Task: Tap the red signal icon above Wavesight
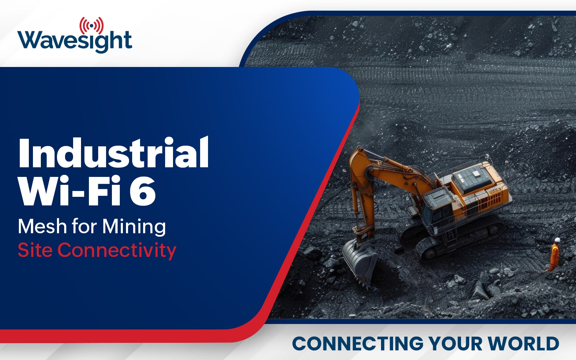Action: click(x=92, y=25)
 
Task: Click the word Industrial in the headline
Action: click(x=113, y=153)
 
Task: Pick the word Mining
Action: click(x=134, y=227)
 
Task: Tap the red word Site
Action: click(x=35, y=250)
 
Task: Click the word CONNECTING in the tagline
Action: click(x=358, y=343)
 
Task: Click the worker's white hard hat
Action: click(x=557, y=240)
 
